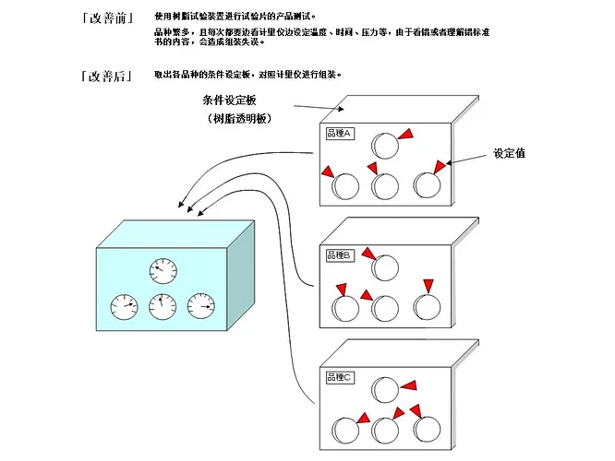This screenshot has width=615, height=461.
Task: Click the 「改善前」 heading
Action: pos(105,17)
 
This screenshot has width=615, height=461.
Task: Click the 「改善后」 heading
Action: pos(105,76)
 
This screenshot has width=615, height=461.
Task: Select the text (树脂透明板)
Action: pos(238,119)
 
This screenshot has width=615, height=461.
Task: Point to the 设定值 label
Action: pos(509,154)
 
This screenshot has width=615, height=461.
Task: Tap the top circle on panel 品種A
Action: pos(385,144)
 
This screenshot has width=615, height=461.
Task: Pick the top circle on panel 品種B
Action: pos(385,267)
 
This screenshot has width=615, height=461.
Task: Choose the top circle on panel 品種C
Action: pos(385,389)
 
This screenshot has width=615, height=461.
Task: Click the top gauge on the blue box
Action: pos(163,271)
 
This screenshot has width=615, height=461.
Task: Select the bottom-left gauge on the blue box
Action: pos(123,305)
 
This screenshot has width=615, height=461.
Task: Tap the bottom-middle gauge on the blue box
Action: pos(163,305)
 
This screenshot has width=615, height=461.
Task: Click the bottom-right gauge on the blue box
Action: pos(200,305)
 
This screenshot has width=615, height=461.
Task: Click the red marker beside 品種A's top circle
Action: pos(406,135)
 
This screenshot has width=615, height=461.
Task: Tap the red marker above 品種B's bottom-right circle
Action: pos(428,284)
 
